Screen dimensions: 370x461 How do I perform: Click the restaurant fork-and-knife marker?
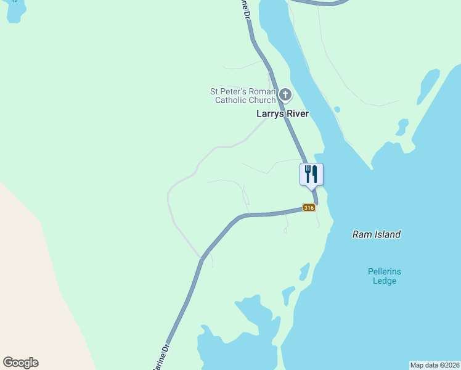click(311, 175)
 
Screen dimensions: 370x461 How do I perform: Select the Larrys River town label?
click(282, 114)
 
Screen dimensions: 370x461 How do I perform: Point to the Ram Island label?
click(377, 234)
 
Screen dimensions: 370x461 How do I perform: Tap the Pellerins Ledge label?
click(384, 276)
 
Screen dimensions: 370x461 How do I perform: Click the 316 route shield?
click(309, 208)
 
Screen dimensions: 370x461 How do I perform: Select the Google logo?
click(20, 363)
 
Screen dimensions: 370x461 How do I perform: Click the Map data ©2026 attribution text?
click(434, 365)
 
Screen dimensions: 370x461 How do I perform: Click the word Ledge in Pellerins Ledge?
click(384, 281)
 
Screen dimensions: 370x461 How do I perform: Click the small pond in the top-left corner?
click(15, 11)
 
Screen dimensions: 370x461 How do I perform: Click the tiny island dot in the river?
click(337, 110)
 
